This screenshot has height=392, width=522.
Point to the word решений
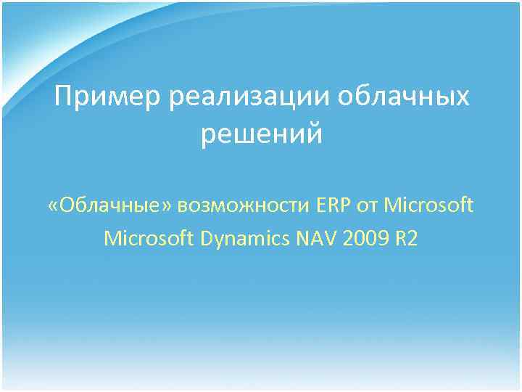tap(261, 134)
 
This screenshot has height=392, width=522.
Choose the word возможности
tap(249, 207)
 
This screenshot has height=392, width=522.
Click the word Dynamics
tap(244, 239)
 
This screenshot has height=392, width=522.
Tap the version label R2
tap(406, 238)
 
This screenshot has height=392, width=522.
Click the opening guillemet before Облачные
tap(54, 207)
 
